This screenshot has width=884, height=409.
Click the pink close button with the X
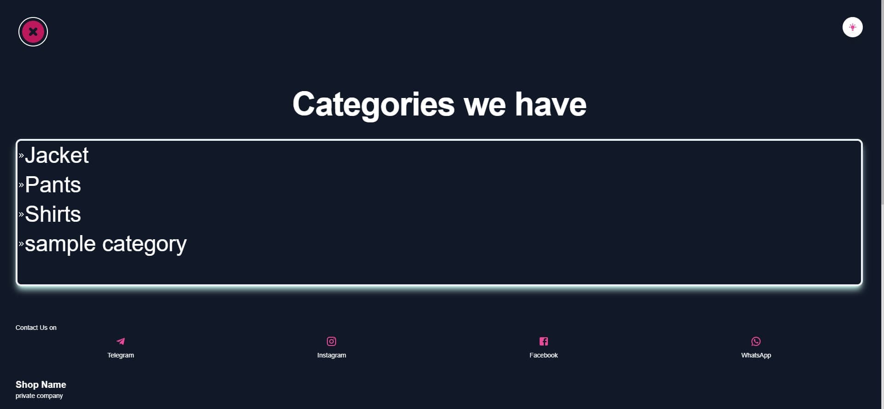(x=33, y=32)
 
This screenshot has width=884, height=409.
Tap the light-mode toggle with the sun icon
(x=852, y=27)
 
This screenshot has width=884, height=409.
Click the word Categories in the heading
(x=373, y=104)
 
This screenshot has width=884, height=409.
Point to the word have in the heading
(x=550, y=104)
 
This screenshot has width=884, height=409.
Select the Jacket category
(x=57, y=156)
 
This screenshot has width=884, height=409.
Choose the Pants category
(x=53, y=185)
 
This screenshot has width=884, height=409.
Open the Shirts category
(x=53, y=214)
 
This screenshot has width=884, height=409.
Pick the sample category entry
(x=105, y=244)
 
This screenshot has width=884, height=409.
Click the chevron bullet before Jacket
(x=21, y=156)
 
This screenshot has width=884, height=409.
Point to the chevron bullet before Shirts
(x=21, y=214)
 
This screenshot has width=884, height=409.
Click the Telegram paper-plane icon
(x=121, y=341)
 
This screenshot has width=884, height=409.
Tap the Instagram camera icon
(x=331, y=341)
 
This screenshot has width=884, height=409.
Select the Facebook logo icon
(x=544, y=341)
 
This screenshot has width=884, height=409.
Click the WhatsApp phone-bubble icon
(x=756, y=341)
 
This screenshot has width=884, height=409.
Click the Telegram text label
(x=121, y=355)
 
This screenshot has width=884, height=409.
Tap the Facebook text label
(x=543, y=355)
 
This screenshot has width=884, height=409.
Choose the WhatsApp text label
(x=756, y=355)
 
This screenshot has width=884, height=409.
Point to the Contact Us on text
(x=36, y=328)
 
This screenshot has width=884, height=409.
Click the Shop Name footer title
(x=41, y=385)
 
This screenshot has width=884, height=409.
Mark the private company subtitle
(x=39, y=396)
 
